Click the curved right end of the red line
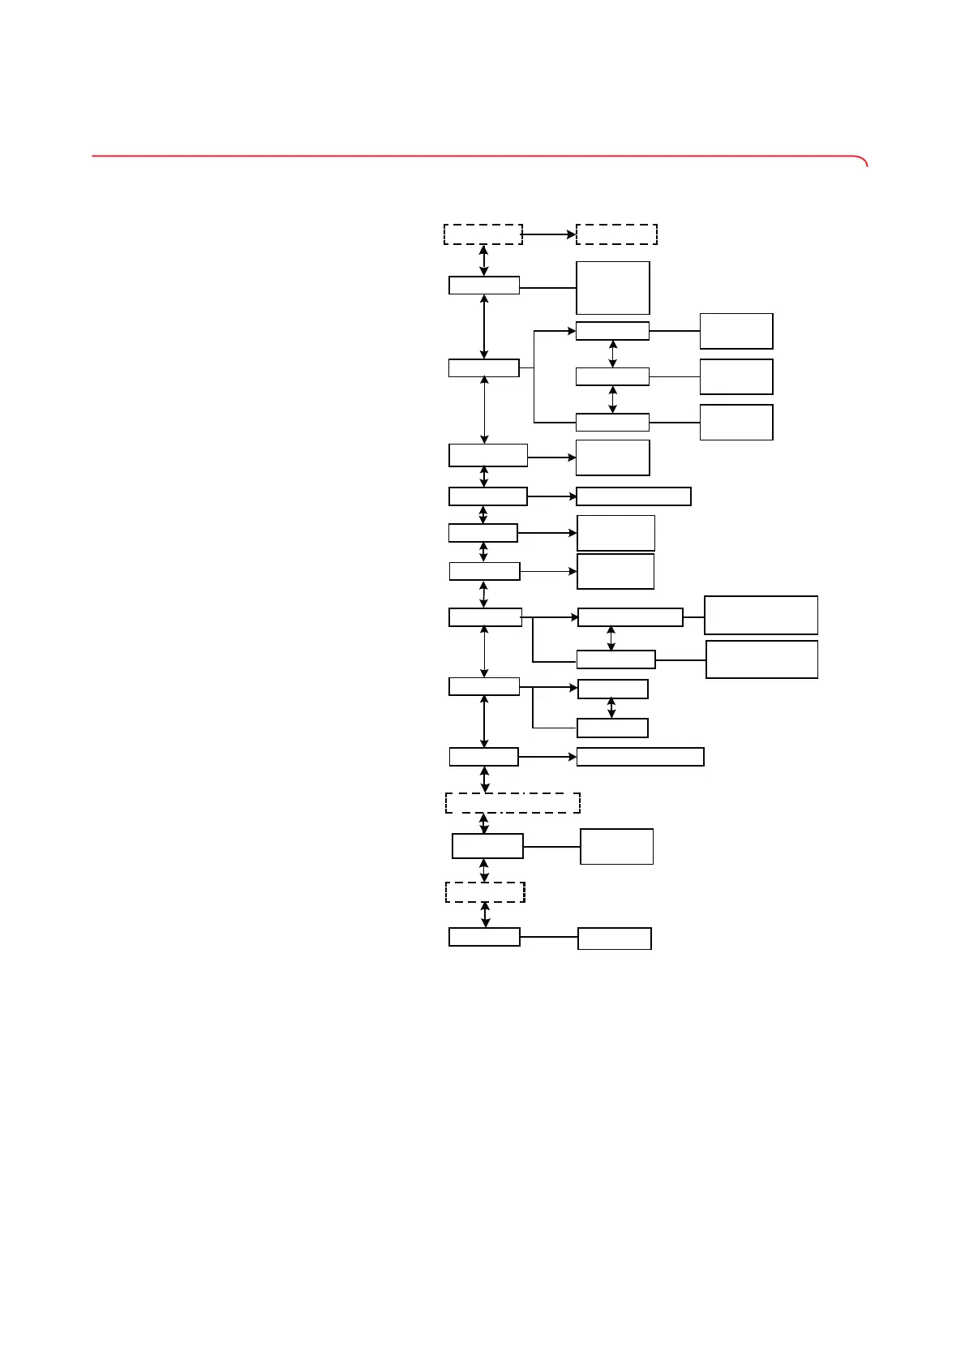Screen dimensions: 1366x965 (x=864, y=161)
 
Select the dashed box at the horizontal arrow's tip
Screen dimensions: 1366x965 (x=616, y=234)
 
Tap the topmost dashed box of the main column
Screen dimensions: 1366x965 (x=483, y=234)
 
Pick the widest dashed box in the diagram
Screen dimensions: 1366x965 (x=513, y=803)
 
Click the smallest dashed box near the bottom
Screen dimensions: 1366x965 (x=485, y=892)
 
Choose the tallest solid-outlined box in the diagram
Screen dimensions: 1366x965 (x=612, y=287)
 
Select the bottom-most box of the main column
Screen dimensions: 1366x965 (x=484, y=937)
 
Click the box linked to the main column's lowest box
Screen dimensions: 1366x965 (x=614, y=939)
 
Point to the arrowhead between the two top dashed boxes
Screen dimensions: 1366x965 (x=571, y=234)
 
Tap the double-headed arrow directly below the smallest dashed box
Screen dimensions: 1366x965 (x=485, y=914)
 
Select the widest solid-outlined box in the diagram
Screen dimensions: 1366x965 (x=640, y=757)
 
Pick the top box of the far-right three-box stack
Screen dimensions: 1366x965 (x=736, y=331)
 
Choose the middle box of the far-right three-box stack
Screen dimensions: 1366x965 (x=736, y=376)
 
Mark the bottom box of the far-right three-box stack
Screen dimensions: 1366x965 (x=736, y=422)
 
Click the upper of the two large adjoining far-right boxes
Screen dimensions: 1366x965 (x=761, y=615)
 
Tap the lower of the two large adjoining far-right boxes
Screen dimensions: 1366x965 (x=761, y=659)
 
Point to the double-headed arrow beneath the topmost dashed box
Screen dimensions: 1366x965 (x=484, y=260)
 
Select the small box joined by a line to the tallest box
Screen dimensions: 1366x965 (x=484, y=286)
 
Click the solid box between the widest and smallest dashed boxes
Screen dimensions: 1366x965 (x=487, y=846)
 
